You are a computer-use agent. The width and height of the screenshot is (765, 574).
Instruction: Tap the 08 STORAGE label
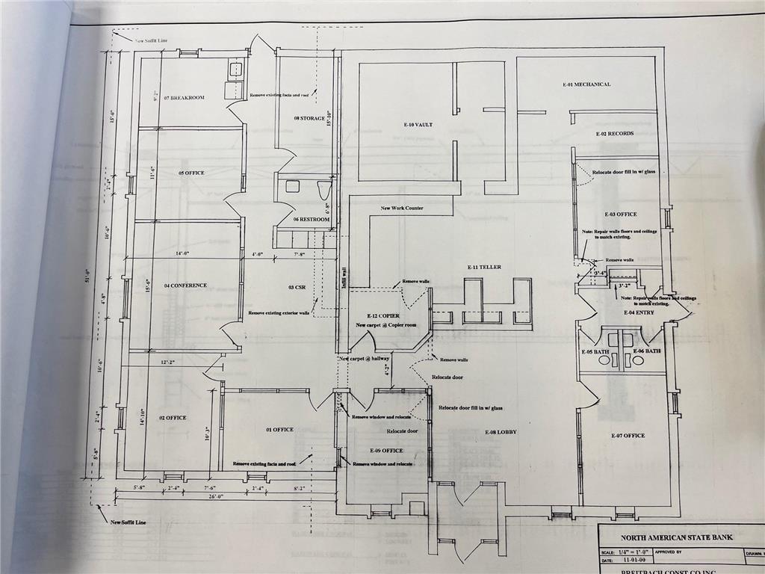pyautogui.click(x=309, y=118)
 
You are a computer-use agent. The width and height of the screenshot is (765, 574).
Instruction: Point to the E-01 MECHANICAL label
pyautogui.click(x=587, y=84)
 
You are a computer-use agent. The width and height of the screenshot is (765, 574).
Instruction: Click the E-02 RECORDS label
pyautogui.click(x=614, y=134)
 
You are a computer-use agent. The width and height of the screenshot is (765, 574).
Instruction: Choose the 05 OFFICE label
pyautogui.click(x=191, y=173)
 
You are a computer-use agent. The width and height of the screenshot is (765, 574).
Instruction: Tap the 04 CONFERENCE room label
pyautogui.click(x=185, y=286)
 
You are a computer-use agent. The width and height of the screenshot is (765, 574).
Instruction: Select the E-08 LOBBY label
pyautogui.click(x=501, y=432)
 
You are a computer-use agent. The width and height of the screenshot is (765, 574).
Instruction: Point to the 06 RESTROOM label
pyautogui.click(x=311, y=220)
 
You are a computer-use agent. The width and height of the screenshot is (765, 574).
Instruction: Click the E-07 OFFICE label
pyautogui.click(x=628, y=436)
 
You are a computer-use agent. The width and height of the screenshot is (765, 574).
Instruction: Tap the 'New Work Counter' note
pyautogui.click(x=402, y=209)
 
